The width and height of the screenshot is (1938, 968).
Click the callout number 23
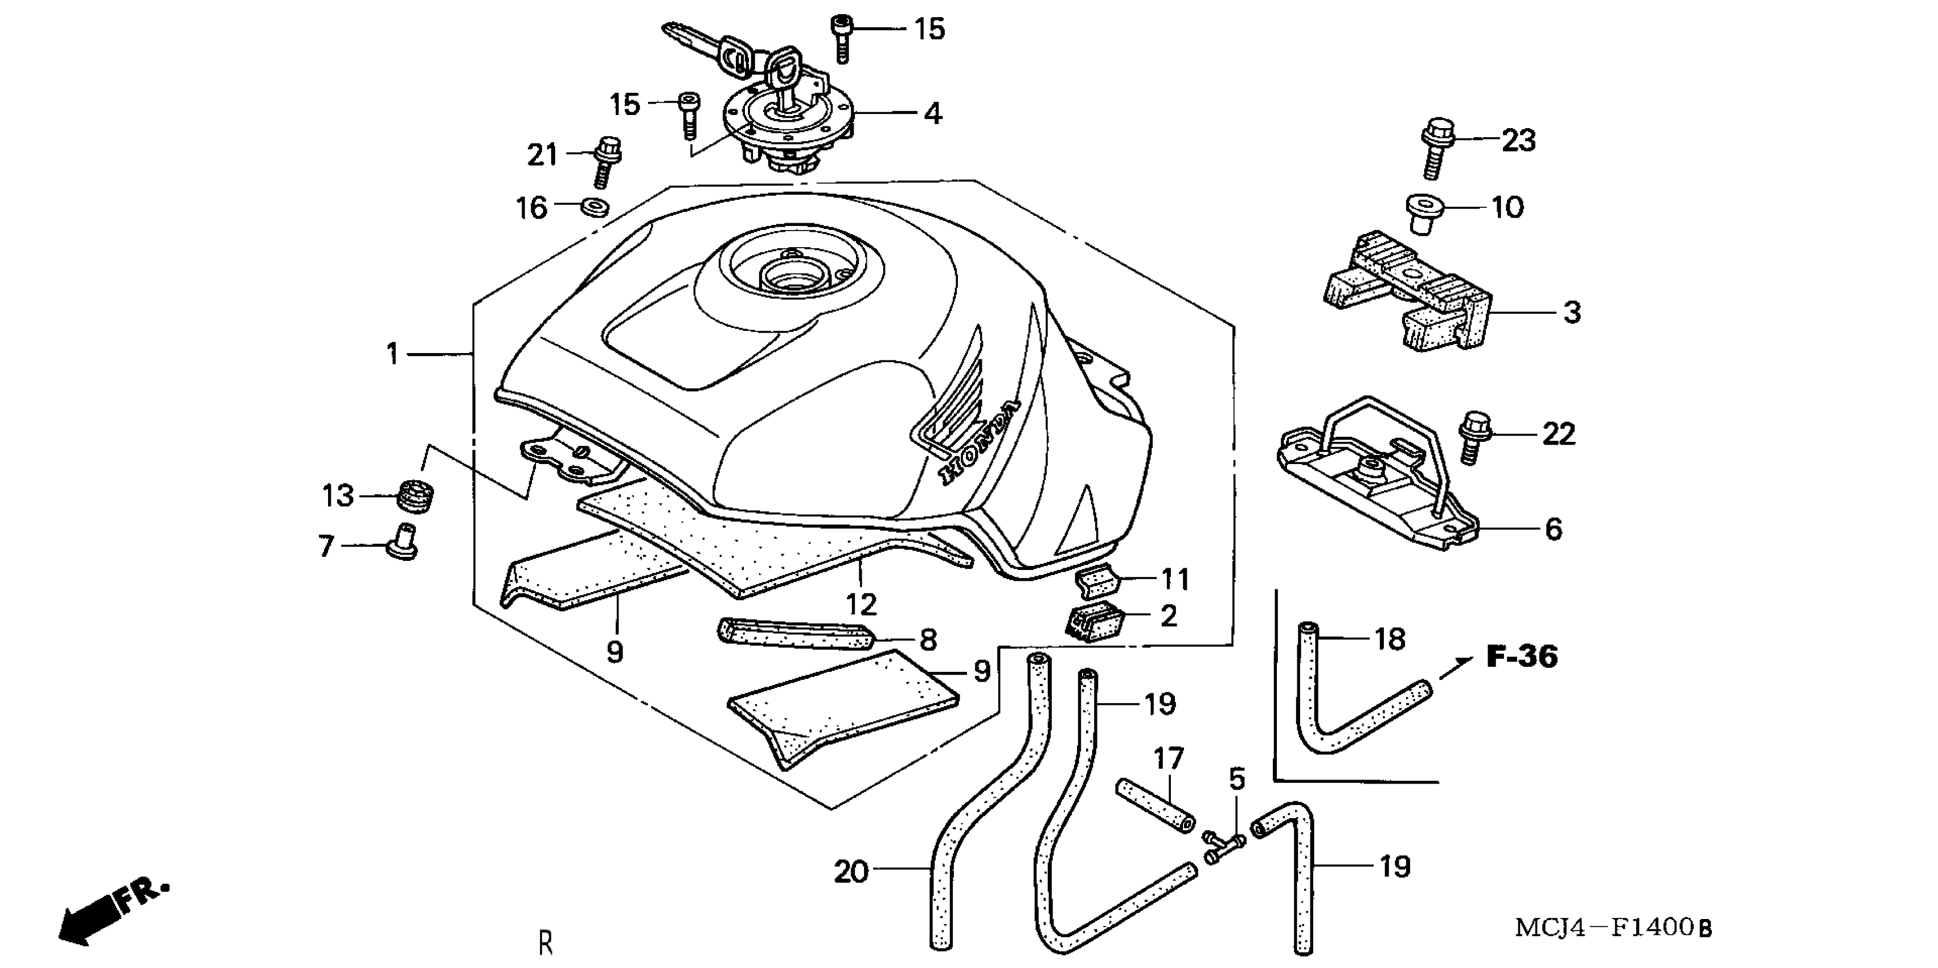click(x=1518, y=141)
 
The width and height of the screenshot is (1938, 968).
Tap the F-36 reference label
click(x=1521, y=657)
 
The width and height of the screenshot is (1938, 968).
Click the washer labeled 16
click(x=595, y=206)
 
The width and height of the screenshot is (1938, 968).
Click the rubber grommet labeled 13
click(x=415, y=495)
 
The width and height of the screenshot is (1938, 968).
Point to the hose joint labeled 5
click(x=1223, y=847)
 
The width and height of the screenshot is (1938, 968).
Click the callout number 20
click(x=851, y=872)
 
